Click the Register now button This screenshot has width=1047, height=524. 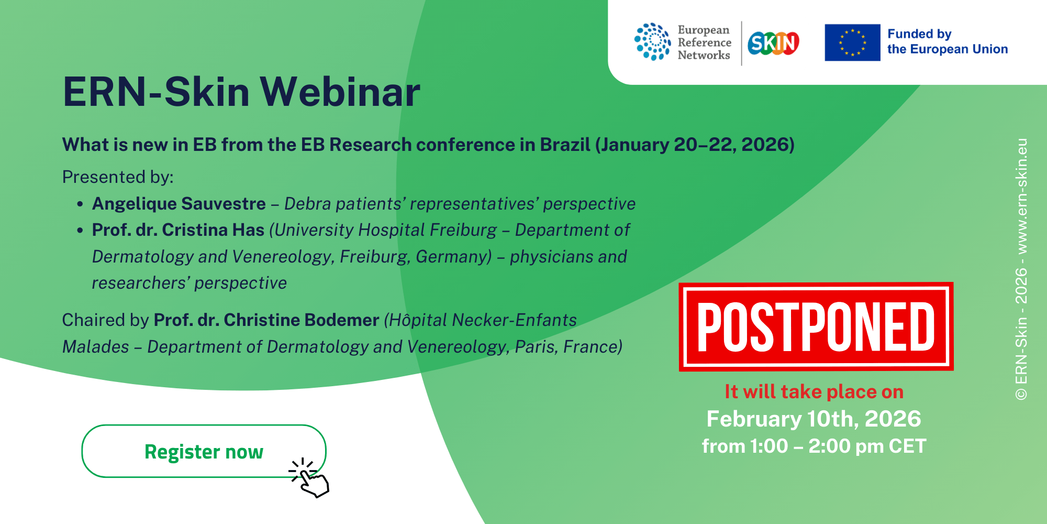(204, 451)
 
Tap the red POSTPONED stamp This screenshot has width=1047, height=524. (816, 327)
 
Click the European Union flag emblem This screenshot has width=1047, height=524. (852, 42)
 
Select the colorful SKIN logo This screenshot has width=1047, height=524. (773, 43)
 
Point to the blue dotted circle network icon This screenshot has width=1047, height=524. (652, 42)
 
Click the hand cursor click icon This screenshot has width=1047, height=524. (310, 478)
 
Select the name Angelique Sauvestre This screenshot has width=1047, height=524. (179, 203)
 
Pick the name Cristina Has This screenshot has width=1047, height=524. (213, 230)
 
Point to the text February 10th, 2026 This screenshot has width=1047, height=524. (814, 419)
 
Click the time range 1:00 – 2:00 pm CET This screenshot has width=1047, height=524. (838, 446)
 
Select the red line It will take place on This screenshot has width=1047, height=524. (814, 391)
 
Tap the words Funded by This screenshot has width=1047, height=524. (919, 34)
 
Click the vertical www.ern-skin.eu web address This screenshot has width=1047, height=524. (1021, 196)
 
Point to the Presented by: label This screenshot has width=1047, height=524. (118, 177)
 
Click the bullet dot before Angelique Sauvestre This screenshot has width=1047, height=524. (80, 204)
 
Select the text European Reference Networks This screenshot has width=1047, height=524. (704, 42)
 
